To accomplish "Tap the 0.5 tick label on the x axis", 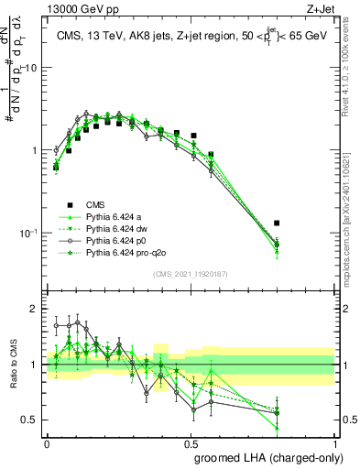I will click(x=191, y=441).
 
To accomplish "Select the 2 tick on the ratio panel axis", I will click(x=36, y=310).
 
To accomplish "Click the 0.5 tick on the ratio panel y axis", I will click(x=33, y=420).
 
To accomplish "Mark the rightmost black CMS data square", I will click(x=302, y=223).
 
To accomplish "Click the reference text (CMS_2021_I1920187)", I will click(x=191, y=274).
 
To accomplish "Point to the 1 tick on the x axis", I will click(x=335, y=441).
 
